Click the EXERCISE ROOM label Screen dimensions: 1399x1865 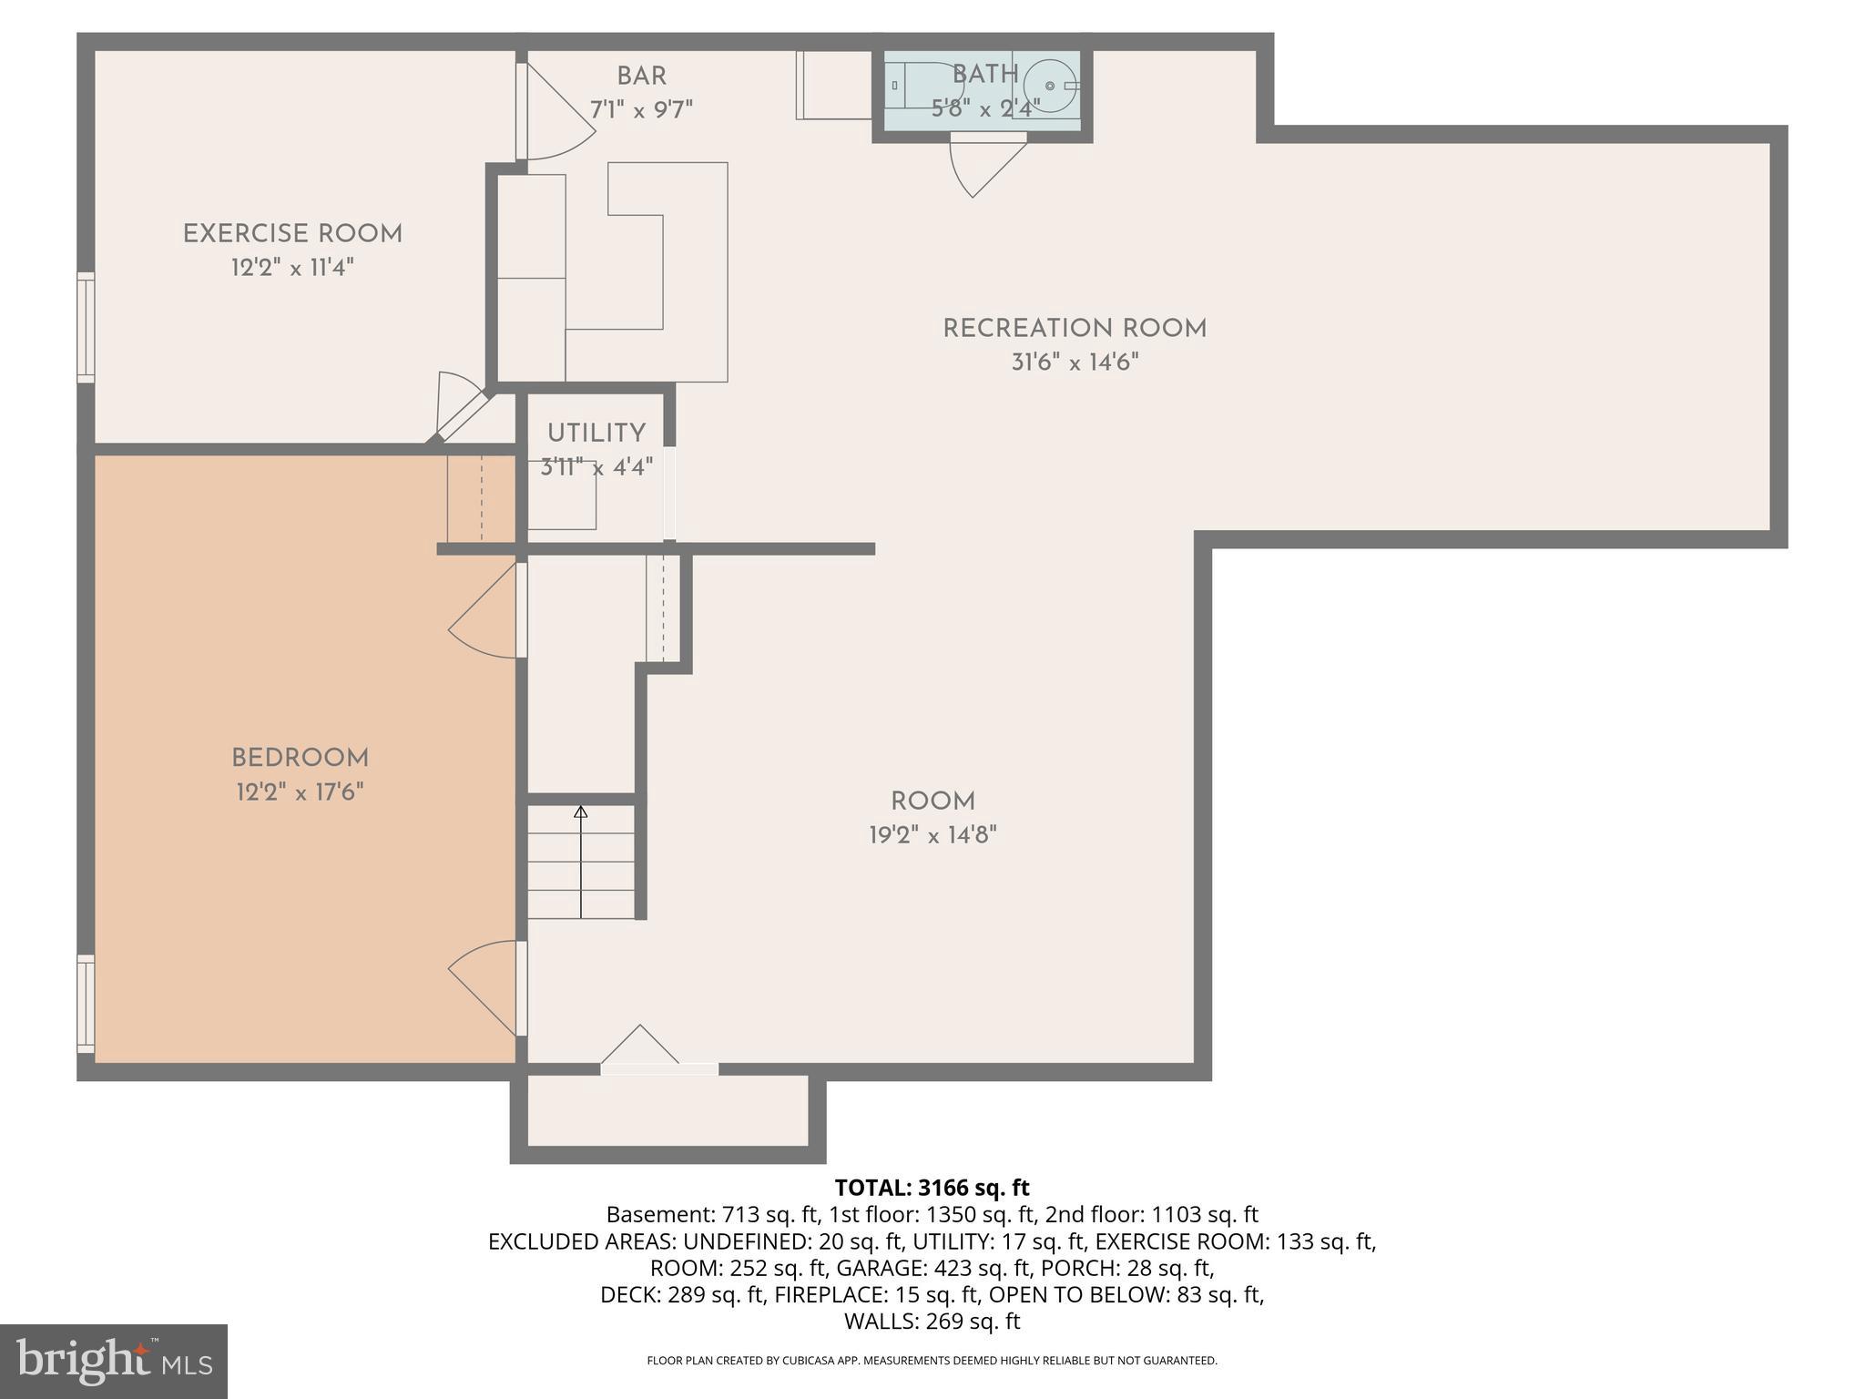292,234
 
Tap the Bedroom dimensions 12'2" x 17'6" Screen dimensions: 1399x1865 300,792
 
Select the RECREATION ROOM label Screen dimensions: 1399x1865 1074,329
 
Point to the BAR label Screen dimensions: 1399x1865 641,77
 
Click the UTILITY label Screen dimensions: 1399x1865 596,434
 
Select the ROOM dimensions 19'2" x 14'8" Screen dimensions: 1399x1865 932,835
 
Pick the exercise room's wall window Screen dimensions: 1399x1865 86,327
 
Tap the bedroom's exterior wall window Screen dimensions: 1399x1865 86,1004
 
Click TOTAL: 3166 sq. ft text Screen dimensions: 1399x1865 932,1188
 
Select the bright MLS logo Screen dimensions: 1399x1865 113,1361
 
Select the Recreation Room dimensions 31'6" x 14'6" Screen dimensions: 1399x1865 1075,363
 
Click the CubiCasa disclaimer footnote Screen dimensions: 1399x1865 932,1361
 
